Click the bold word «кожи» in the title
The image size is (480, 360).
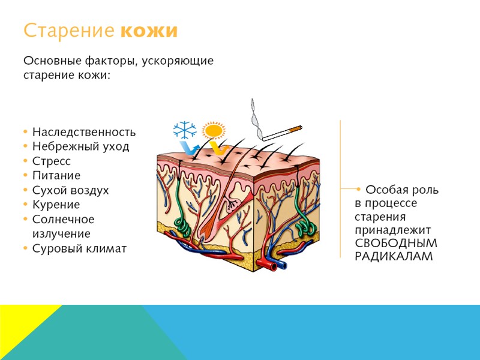[149, 31]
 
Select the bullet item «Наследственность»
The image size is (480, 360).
[84, 132]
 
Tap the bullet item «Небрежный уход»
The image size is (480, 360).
[80, 146]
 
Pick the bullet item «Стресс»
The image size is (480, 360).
[52, 161]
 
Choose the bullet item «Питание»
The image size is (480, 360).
[56, 176]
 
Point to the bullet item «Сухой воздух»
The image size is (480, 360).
[71, 190]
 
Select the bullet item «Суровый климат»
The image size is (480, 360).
[79, 248]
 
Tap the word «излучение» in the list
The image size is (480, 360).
[61, 234]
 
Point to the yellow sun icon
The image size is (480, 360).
[213, 130]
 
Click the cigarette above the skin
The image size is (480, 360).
[283, 133]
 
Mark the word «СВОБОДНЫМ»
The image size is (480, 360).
[396, 244]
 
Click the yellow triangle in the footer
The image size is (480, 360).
[24, 327]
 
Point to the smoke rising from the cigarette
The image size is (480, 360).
[256, 117]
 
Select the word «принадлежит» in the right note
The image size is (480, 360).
[392, 230]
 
